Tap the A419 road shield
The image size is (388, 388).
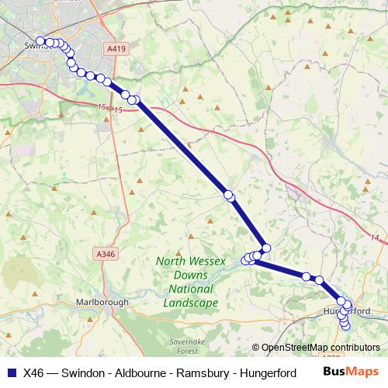coord(116,49)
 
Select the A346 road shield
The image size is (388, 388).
coord(104,254)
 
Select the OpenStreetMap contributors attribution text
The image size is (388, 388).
coord(320,348)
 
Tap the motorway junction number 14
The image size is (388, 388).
coord(374,238)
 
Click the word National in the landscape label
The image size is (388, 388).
coord(187,289)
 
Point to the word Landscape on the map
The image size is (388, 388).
coord(187,303)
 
